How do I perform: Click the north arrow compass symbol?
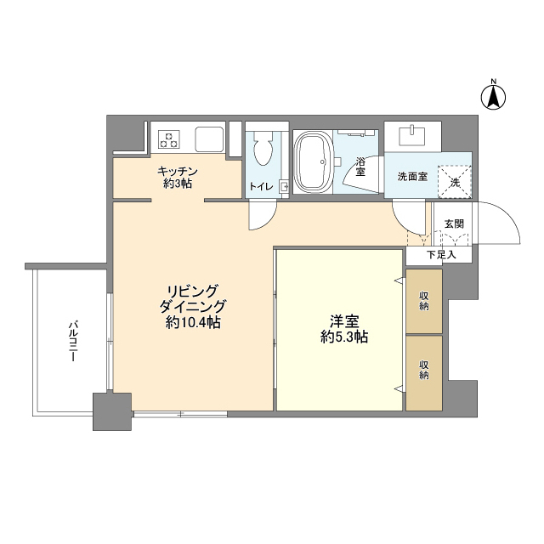pos(493,95)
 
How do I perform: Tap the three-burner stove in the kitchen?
pos(169,139)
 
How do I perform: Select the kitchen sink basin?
pos(209,139)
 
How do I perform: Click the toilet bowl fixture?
pos(263,150)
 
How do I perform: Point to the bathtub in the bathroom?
pos(313,162)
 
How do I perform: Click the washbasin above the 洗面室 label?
pos(411,136)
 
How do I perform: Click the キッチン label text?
pos(178,172)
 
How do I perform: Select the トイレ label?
pos(261,187)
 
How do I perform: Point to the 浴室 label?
pos(360,167)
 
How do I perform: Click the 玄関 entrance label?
pos(454,224)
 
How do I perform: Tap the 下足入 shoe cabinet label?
pos(441,255)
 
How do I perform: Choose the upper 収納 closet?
pos(424,301)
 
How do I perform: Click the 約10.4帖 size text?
pos(193,323)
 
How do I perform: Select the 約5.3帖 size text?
pos(343,337)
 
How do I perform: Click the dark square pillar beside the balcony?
pos(112,411)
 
